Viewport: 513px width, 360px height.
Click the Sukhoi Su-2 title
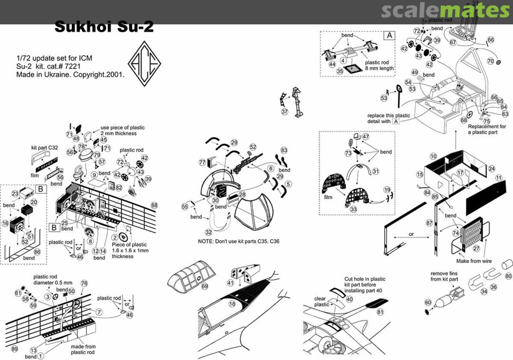(x=104, y=27)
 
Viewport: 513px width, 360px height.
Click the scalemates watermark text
(x=445, y=10)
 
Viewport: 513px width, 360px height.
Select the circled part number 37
(x=285, y=112)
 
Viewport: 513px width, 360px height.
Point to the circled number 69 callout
(x=205, y=286)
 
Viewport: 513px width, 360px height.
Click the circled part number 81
(x=380, y=312)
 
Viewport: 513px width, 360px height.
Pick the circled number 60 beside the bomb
(x=428, y=303)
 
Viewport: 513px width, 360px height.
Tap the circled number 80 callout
(x=508, y=276)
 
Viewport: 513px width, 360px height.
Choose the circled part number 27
(x=476, y=248)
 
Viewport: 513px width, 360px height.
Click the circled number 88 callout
(x=154, y=205)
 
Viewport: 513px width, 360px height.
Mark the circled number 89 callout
(x=15, y=349)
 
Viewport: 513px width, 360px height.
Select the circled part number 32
(x=209, y=232)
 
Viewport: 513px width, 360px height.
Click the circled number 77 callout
(x=202, y=162)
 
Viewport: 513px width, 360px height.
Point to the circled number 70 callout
(x=491, y=61)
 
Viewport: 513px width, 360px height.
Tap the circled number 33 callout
(x=353, y=209)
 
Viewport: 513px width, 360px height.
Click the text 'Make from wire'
(x=474, y=261)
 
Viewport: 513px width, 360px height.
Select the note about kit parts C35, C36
(x=238, y=241)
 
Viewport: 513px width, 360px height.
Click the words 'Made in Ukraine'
(x=40, y=75)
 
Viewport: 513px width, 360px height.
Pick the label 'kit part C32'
(x=45, y=148)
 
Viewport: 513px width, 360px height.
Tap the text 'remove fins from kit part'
(x=444, y=276)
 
